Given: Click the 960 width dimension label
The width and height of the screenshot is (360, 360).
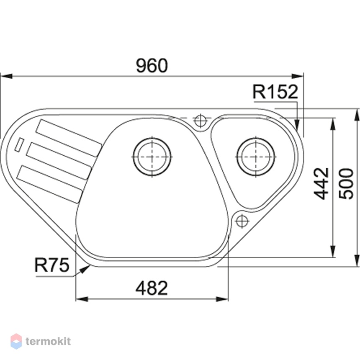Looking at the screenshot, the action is [x=152, y=65].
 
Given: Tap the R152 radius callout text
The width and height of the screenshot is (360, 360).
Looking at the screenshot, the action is [x=275, y=92].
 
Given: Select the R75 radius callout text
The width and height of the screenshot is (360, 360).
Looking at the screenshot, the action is [x=51, y=265].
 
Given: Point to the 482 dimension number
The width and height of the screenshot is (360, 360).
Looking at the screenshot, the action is [x=152, y=288].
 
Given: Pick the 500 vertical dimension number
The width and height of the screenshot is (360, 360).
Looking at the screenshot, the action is [x=346, y=184].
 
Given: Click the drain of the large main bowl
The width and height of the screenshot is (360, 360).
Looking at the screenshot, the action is [x=152, y=157].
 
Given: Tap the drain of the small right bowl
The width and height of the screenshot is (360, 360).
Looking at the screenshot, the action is [x=256, y=157].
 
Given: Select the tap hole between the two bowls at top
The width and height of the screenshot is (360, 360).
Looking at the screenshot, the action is [x=201, y=121].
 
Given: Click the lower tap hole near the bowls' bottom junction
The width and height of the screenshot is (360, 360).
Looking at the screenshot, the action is [x=242, y=221].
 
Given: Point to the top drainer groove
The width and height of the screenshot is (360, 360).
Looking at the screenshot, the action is [x=69, y=138].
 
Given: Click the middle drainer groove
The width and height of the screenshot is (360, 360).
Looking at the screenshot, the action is [x=59, y=161].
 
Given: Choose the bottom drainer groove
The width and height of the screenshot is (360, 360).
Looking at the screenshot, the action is [x=49, y=184].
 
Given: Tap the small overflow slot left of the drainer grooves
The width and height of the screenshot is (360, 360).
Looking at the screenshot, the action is [x=19, y=144].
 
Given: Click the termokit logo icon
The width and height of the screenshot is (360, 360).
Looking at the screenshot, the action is [x=16, y=342].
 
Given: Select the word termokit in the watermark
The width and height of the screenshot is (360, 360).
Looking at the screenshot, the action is [x=48, y=342].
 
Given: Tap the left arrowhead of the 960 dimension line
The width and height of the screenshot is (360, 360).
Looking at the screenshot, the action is [x=6, y=76].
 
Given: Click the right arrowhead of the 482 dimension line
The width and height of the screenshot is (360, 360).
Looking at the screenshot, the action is [x=222, y=299].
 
